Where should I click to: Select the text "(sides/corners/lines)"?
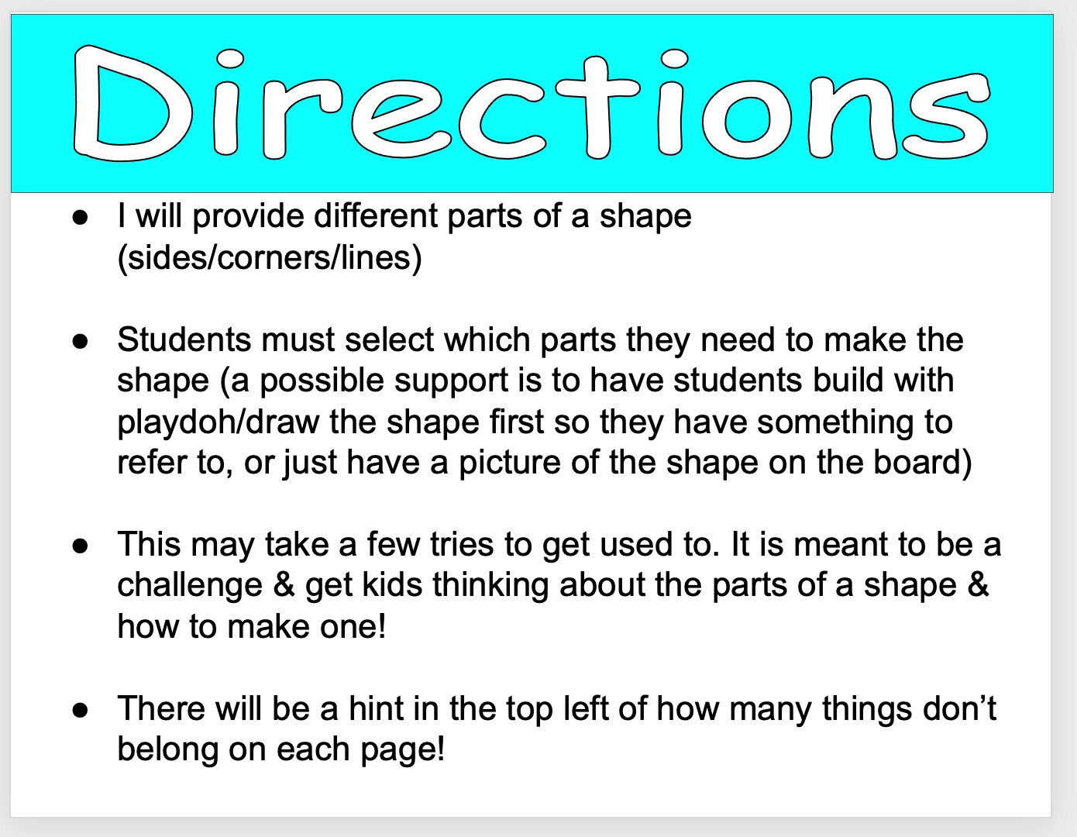(x=270, y=257)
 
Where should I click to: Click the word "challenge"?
(x=190, y=585)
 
